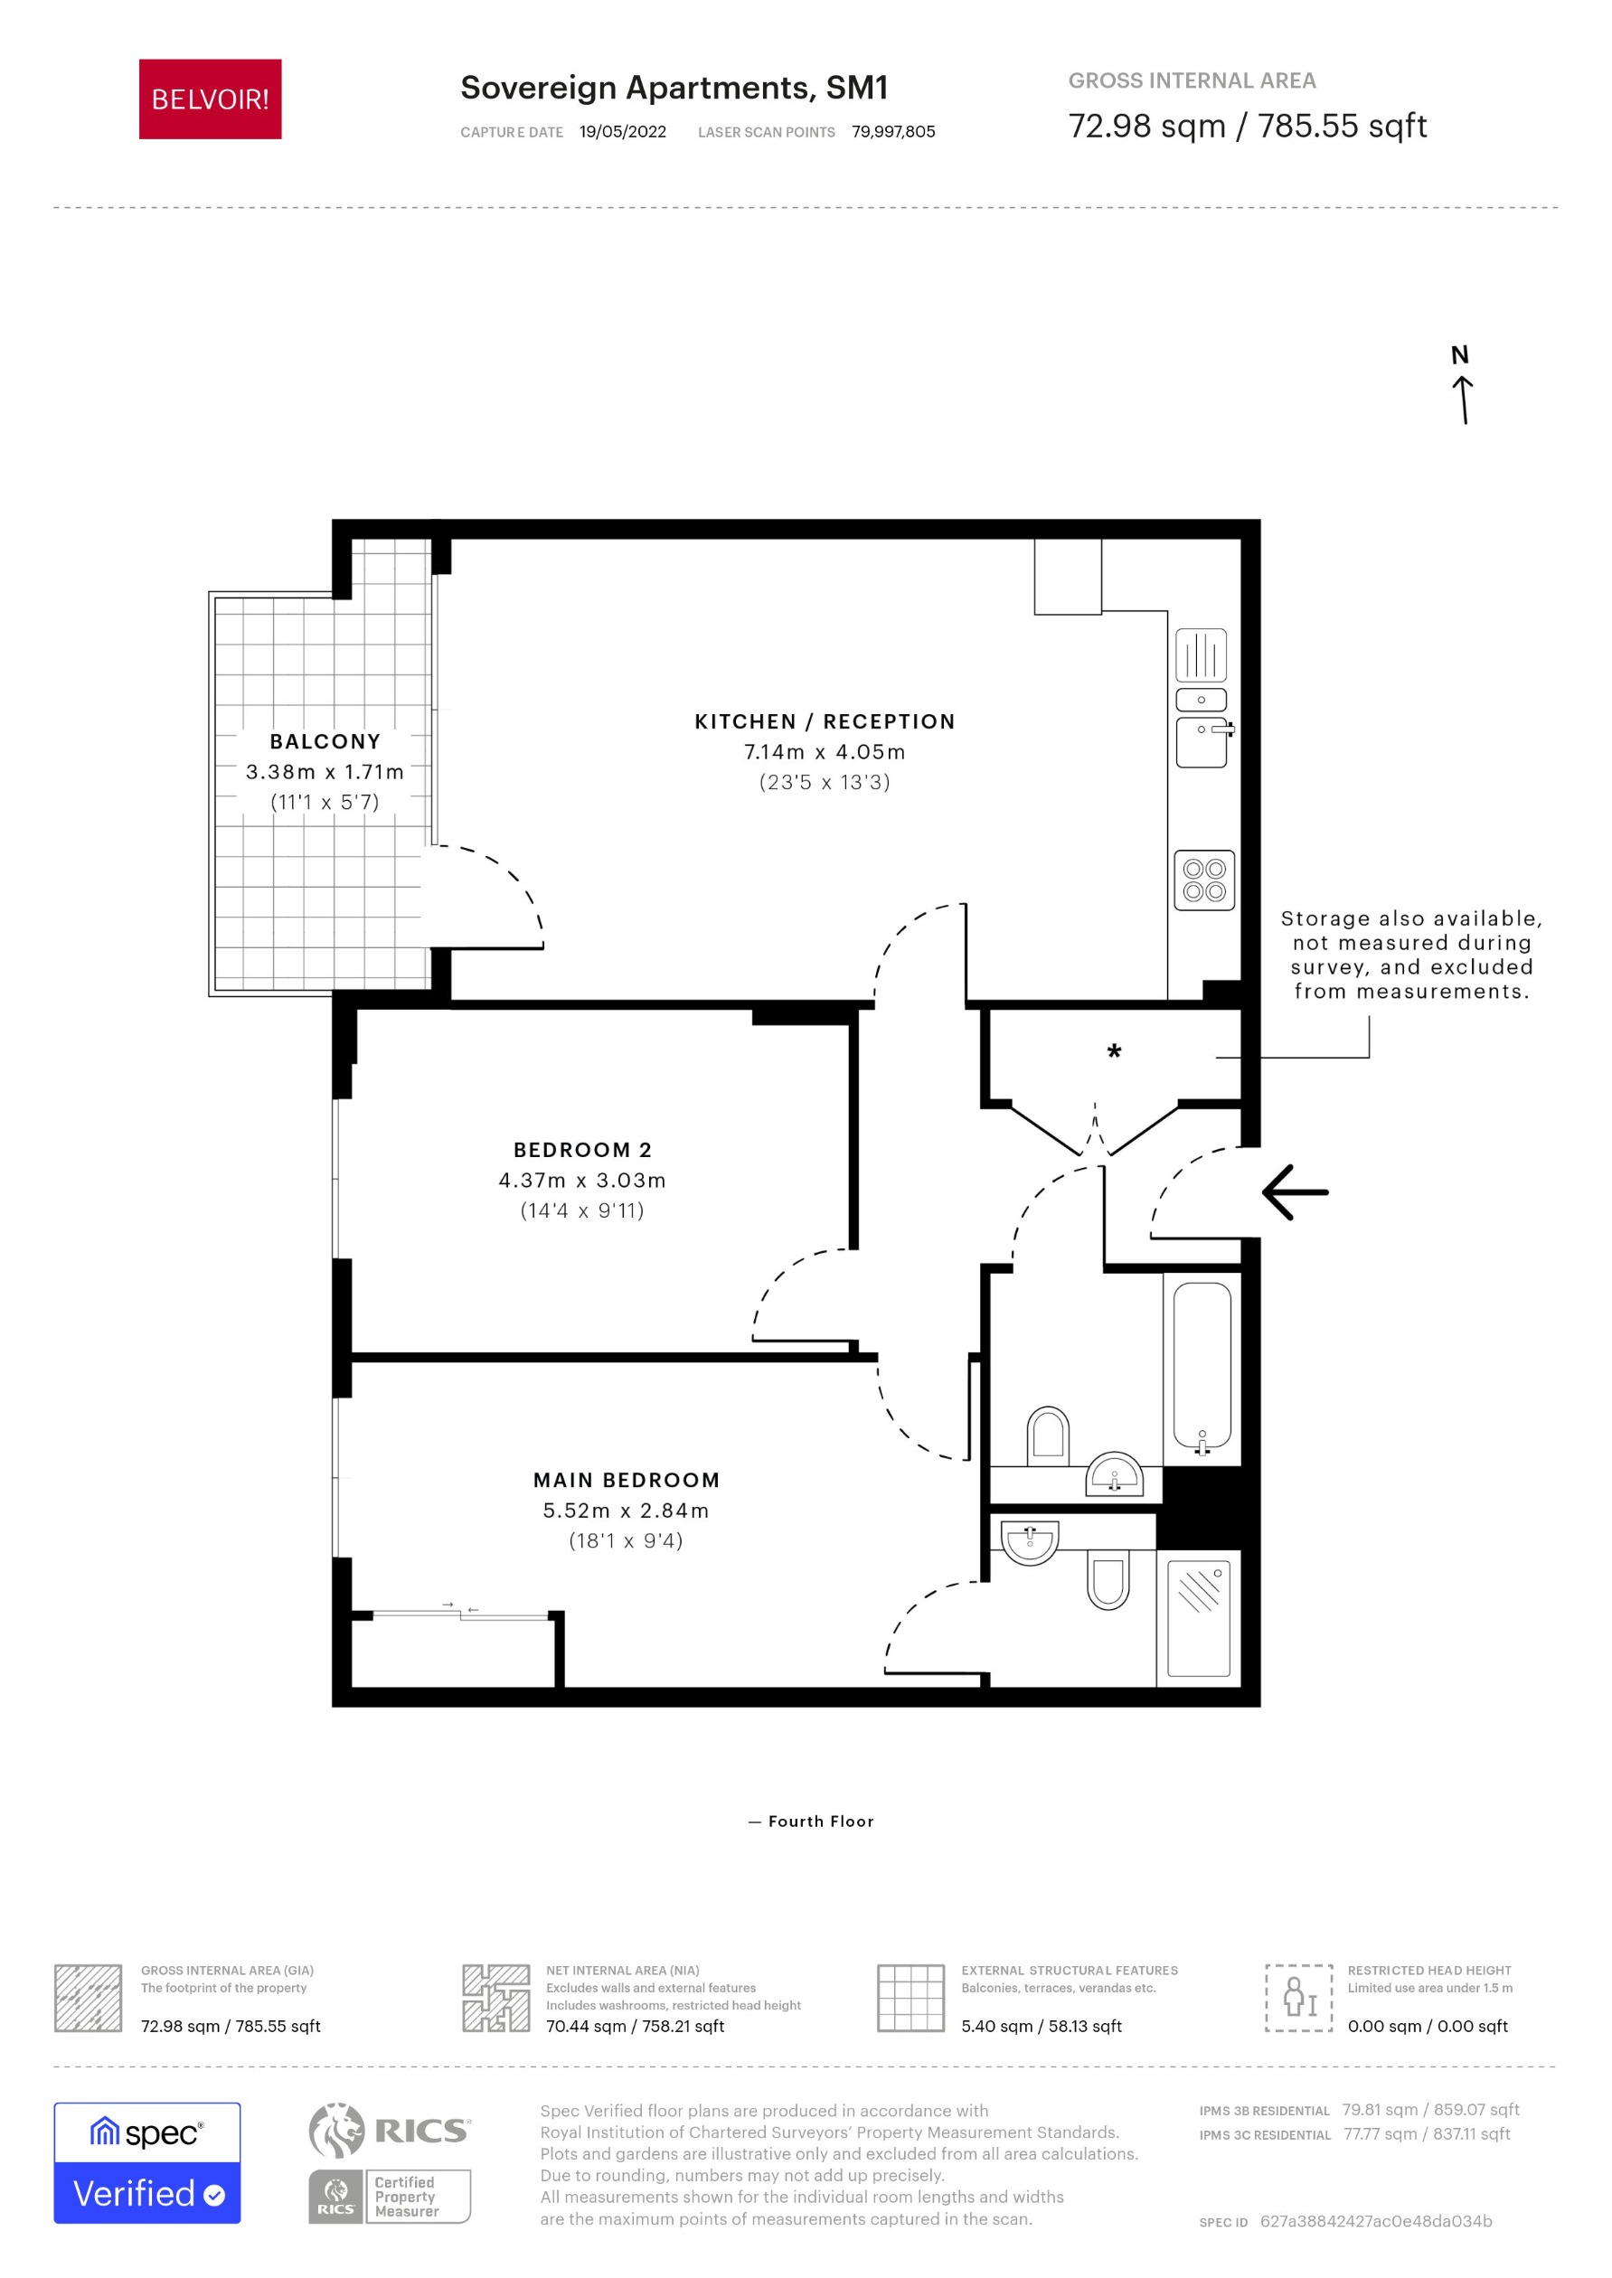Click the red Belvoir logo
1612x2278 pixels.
[x=210, y=99]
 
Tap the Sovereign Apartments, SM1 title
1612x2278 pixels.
[x=673, y=88]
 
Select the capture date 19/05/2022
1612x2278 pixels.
[x=622, y=132]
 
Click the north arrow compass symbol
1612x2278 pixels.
[x=1462, y=385]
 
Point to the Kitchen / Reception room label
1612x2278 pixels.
[x=824, y=721]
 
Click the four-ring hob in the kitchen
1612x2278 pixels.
[x=1204, y=880]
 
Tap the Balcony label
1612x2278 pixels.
[x=325, y=741]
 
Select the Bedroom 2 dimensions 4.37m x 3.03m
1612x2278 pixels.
[x=581, y=1181]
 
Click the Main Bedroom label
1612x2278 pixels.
[x=627, y=1480]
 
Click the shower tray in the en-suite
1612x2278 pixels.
[x=1198, y=1619]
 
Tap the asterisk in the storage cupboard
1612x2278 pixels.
[x=1114, y=1052]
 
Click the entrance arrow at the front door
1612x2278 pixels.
[x=1296, y=1191]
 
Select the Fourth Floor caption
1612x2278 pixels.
[x=811, y=1821]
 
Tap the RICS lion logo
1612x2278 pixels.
[x=337, y=2130]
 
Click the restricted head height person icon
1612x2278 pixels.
[x=1297, y=1998]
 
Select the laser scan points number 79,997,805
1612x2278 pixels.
[x=892, y=132]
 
